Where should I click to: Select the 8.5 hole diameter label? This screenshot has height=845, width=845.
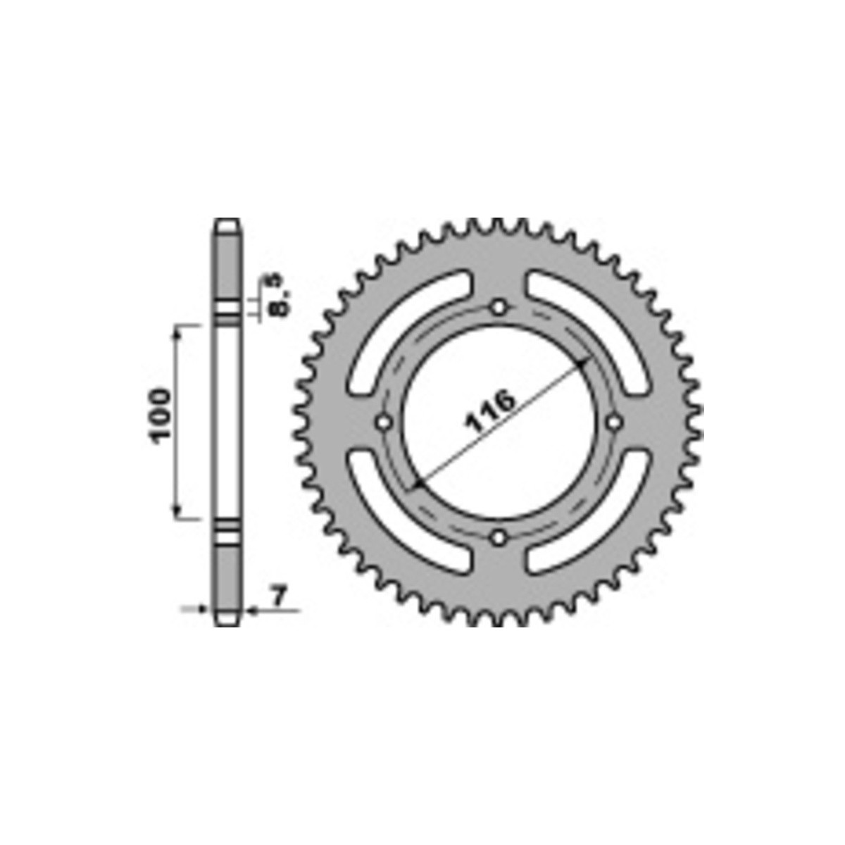[x=278, y=294]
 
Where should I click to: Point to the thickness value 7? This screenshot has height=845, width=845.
[x=279, y=596]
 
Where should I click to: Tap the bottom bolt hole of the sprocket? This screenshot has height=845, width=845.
[x=498, y=537]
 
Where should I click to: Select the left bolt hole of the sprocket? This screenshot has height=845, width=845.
[x=384, y=423]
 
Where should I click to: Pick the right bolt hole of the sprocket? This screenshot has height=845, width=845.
[x=614, y=423]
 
